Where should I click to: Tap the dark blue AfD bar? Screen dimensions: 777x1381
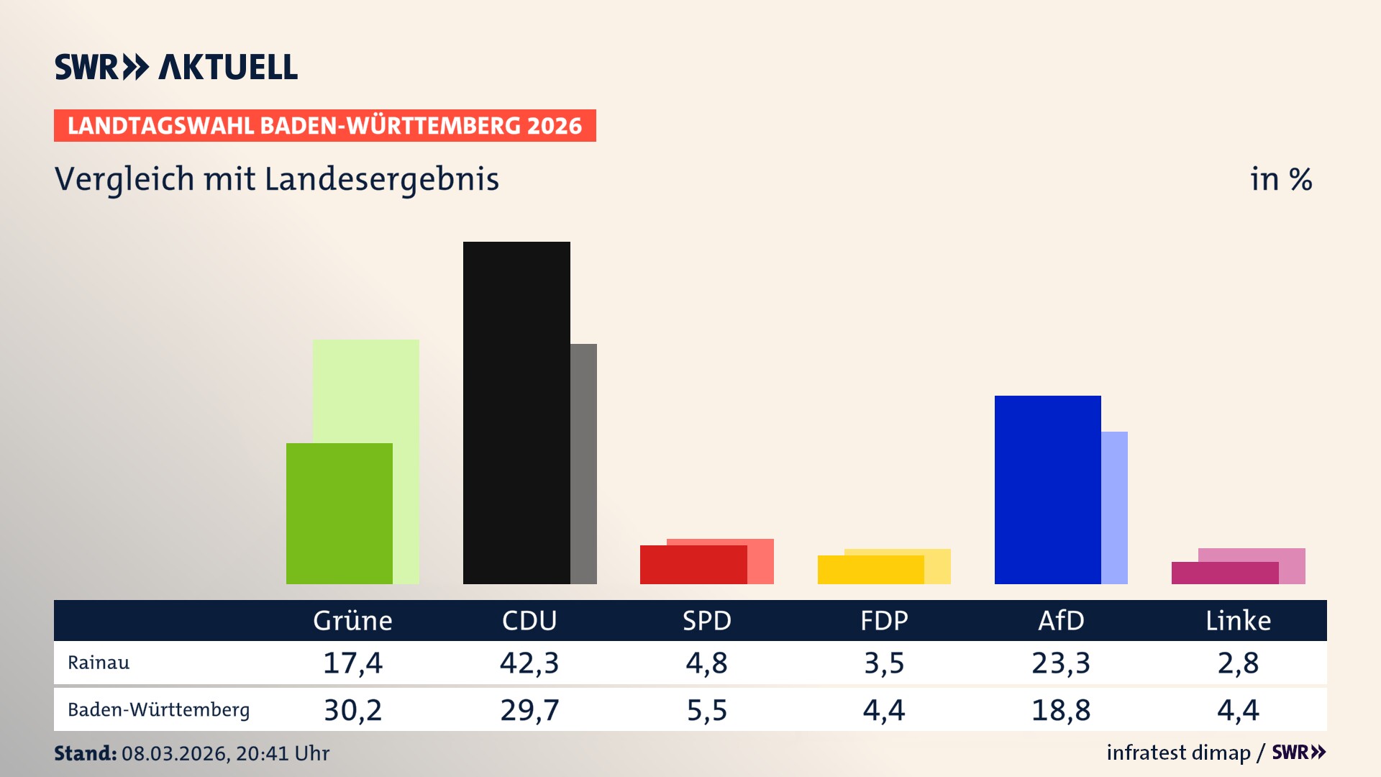point(1047,489)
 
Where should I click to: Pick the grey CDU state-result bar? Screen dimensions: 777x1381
point(583,463)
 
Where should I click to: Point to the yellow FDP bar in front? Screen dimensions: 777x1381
point(870,570)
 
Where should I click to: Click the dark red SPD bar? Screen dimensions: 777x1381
point(693,565)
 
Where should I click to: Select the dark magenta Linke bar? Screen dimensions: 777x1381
point(1224,573)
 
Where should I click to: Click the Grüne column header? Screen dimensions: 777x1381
point(352,621)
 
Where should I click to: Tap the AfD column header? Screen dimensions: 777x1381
point(1061,621)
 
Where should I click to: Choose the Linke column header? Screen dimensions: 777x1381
point(1238,621)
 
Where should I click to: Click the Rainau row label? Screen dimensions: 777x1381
point(99,663)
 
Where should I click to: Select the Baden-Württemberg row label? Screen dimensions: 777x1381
point(158,710)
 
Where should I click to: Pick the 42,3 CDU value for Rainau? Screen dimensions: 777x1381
point(529,663)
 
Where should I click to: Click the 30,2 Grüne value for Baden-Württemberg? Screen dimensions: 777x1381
point(352,710)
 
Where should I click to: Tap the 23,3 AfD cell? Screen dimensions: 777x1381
point(1061,663)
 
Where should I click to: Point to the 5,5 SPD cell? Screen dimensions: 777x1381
point(707,710)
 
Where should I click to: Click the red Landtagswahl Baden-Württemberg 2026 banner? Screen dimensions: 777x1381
point(324,126)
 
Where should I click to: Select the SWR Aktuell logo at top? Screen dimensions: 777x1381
point(176,67)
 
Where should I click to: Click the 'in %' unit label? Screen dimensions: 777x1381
point(1280,179)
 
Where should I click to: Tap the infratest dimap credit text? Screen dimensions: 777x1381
point(1178,753)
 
